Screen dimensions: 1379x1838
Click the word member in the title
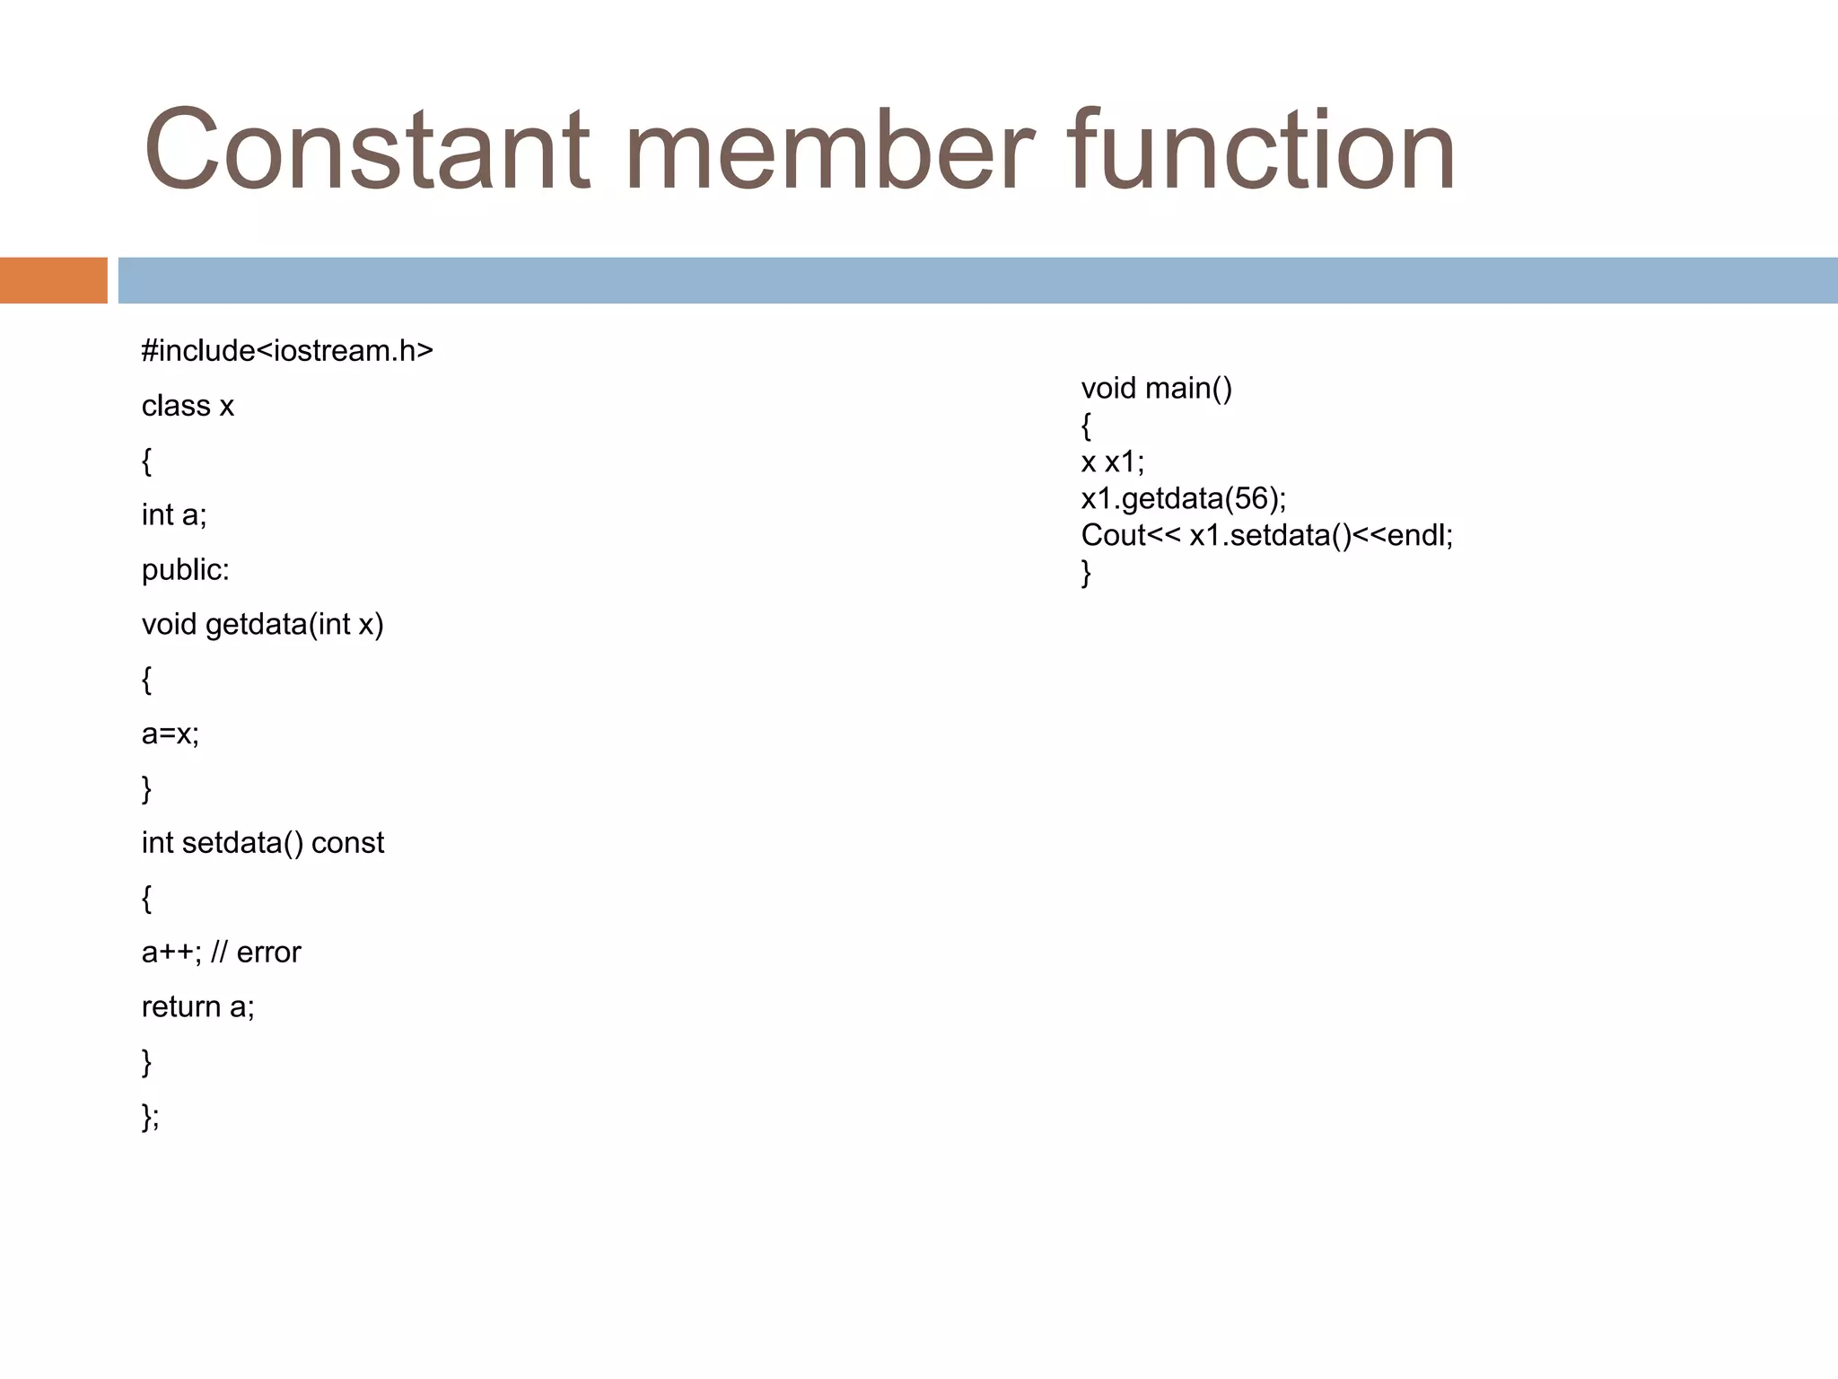click(830, 150)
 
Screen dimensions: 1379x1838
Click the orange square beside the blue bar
click(53, 280)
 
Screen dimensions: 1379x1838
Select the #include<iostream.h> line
click(287, 351)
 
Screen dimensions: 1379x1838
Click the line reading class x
click(188, 406)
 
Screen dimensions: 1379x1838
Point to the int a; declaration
click(174, 515)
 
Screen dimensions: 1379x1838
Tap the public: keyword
click(186, 570)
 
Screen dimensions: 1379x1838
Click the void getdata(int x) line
click(262, 625)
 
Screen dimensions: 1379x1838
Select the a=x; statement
click(171, 734)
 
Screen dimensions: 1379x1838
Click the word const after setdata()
click(347, 843)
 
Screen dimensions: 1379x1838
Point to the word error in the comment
click(268, 953)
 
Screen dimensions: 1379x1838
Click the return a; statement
click(198, 1007)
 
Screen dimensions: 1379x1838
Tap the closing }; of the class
click(150, 1117)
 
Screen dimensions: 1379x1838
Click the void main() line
click(1156, 389)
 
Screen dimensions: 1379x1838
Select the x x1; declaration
click(1113, 462)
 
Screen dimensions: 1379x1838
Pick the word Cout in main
click(1114, 536)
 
